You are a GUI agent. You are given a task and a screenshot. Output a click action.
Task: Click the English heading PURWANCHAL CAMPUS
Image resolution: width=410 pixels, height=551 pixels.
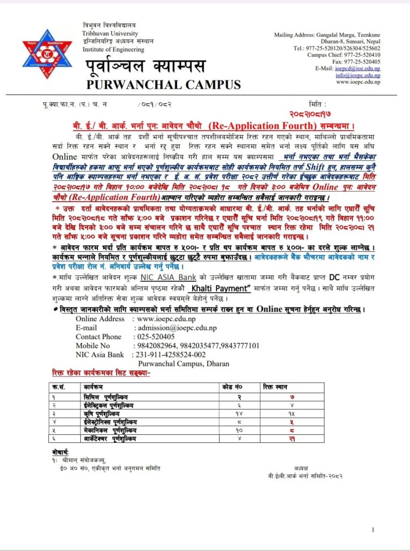163,84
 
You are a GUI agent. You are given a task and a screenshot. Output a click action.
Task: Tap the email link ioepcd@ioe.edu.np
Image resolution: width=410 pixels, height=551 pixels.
358,69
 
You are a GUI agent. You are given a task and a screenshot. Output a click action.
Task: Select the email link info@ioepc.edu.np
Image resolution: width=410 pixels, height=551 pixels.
358,76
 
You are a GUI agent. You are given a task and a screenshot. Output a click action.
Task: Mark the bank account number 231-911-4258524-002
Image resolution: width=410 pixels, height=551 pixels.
169,355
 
